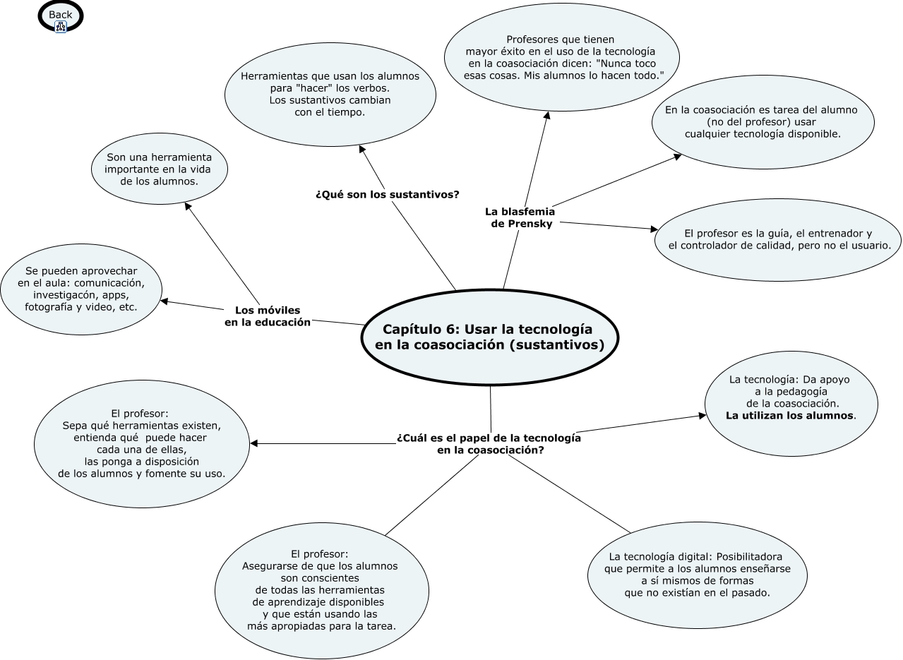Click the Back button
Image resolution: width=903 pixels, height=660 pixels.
point(60,15)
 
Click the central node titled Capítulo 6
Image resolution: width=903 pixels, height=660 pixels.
point(489,337)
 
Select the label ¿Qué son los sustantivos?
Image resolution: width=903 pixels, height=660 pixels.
point(387,194)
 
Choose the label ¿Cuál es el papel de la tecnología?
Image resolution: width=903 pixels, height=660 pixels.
point(489,443)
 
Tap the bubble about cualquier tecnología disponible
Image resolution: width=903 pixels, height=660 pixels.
point(763,123)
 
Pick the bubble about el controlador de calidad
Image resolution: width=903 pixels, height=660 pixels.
point(778,239)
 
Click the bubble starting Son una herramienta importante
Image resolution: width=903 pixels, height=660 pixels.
point(158,169)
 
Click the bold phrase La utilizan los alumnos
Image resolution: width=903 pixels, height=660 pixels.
point(789,415)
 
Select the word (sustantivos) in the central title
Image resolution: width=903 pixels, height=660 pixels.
point(558,345)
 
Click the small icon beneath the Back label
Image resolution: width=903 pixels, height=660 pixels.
point(61,27)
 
